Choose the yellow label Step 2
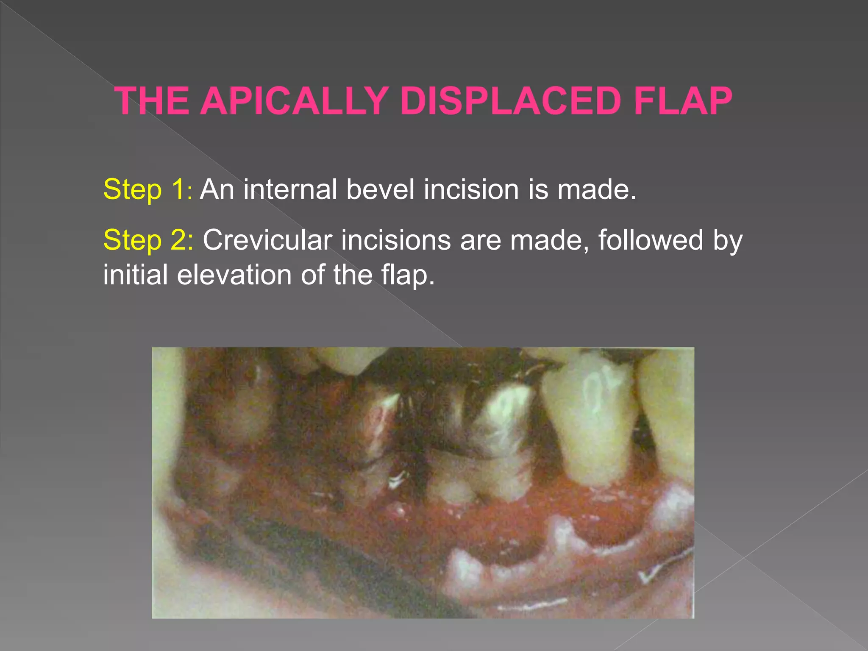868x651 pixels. [x=148, y=240]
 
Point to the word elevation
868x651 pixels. [x=234, y=275]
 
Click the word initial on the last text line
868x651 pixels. [x=136, y=275]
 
